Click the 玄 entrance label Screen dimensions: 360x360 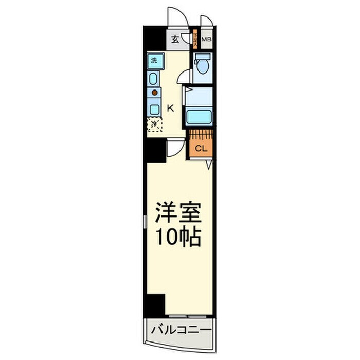(x=175, y=40)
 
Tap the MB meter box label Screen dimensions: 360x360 (x=207, y=39)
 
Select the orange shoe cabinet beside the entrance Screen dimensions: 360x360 (x=195, y=40)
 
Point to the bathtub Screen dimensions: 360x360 (x=200, y=116)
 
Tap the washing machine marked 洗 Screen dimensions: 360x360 (x=154, y=61)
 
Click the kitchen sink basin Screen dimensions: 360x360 (x=154, y=79)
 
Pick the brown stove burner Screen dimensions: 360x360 (x=154, y=94)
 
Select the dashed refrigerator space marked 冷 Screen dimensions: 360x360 (x=154, y=124)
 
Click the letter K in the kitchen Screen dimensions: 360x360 (x=171, y=108)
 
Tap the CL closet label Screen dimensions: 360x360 (x=201, y=148)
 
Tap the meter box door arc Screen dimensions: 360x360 (x=207, y=21)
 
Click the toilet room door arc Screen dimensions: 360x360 (x=182, y=77)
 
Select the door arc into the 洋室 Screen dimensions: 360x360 (x=175, y=149)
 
